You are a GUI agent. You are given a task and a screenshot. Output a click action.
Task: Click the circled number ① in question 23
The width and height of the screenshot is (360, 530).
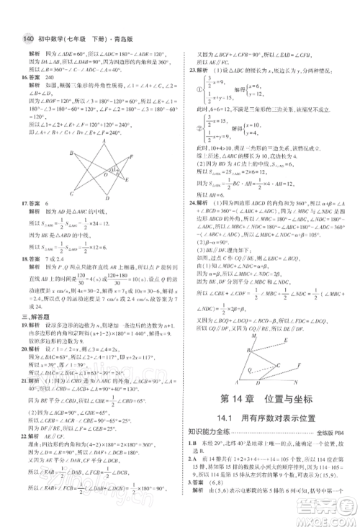[x=203, y=90]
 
